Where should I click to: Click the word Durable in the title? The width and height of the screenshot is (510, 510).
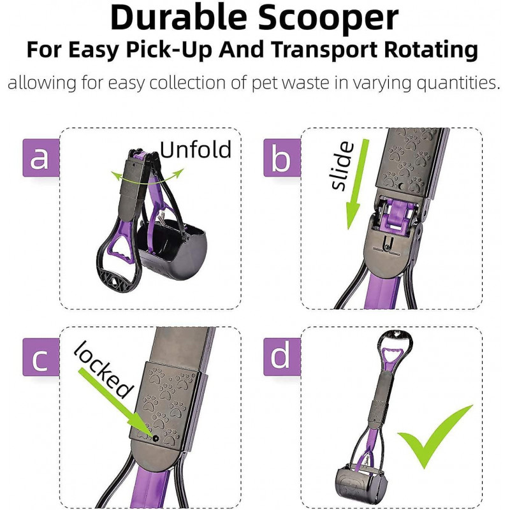click(x=183, y=18)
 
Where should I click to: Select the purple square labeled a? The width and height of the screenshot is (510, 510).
click(x=40, y=157)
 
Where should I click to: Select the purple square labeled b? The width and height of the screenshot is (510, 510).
click(x=281, y=157)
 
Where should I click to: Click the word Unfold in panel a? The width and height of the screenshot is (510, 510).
click(x=195, y=150)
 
